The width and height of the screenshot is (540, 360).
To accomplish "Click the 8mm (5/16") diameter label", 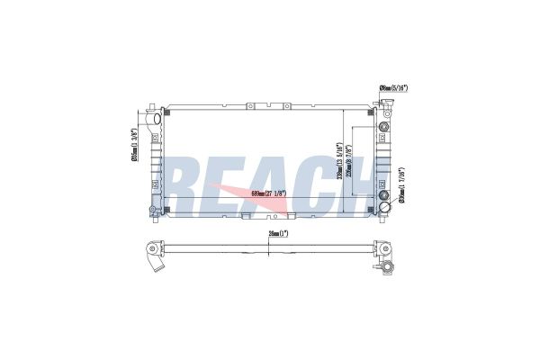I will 394,88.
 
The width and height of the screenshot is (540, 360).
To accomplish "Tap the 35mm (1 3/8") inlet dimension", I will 134,146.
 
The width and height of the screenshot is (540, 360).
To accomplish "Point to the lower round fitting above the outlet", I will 385,195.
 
